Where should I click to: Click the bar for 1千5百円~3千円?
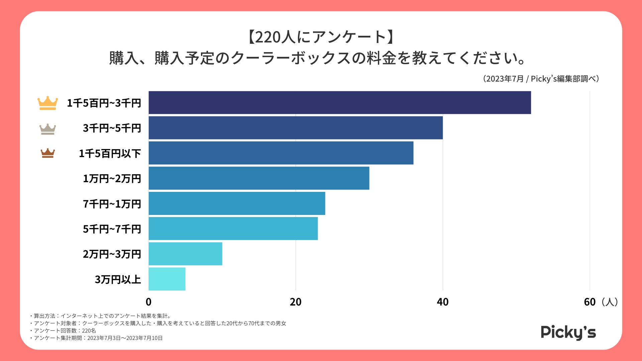(x=339, y=103)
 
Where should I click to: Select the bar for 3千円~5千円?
(x=296, y=128)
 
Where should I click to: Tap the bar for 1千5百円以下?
(x=281, y=153)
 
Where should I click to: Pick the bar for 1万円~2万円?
(x=259, y=178)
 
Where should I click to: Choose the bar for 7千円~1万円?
(x=237, y=203)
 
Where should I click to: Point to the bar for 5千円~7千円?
(x=233, y=229)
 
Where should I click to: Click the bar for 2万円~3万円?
(x=185, y=254)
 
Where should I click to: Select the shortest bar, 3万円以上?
(x=167, y=279)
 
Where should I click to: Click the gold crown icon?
(x=47, y=103)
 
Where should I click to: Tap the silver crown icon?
(x=47, y=129)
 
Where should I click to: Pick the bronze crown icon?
(x=47, y=153)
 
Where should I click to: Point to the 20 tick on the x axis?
(x=296, y=302)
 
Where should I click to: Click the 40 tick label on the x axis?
(x=442, y=302)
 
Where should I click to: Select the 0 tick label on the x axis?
(x=148, y=302)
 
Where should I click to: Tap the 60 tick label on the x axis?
(x=590, y=302)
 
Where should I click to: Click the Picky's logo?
(x=568, y=332)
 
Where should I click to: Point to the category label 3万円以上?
(x=118, y=279)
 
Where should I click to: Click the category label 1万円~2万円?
(x=112, y=178)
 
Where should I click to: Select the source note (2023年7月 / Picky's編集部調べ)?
(x=541, y=79)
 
